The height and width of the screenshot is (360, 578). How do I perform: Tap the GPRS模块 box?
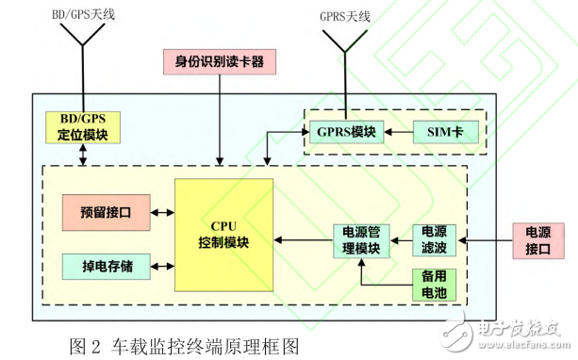[345, 132]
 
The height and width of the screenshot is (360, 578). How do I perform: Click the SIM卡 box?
[446, 132]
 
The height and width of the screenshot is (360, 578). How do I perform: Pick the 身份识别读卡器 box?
[220, 62]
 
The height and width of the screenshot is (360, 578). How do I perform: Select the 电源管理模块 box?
[359, 240]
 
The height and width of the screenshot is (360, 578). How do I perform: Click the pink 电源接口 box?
[534, 240]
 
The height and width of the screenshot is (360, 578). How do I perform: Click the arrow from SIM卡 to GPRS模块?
[400, 132]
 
